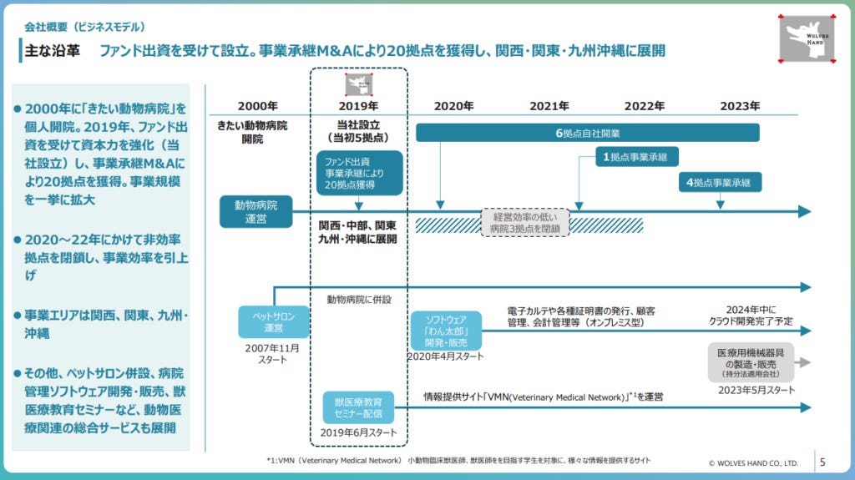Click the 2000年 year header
[x=258, y=106]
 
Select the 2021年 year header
[x=549, y=106]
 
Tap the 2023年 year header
[x=740, y=106]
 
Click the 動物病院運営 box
[x=256, y=211]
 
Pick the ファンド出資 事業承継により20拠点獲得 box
[x=359, y=172]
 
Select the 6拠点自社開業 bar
[x=588, y=133]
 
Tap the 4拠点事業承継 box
[x=720, y=181]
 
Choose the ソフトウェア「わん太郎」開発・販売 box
[x=446, y=331]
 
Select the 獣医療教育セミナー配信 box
[x=358, y=408]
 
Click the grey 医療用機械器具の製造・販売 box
[x=749, y=362]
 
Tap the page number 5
[x=822, y=461]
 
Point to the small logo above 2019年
[x=358, y=83]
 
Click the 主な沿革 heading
[x=52, y=50]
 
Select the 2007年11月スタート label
[x=272, y=353]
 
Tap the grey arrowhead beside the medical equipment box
[x=805, y=362]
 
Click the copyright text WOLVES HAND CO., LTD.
[x=753, y=462]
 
